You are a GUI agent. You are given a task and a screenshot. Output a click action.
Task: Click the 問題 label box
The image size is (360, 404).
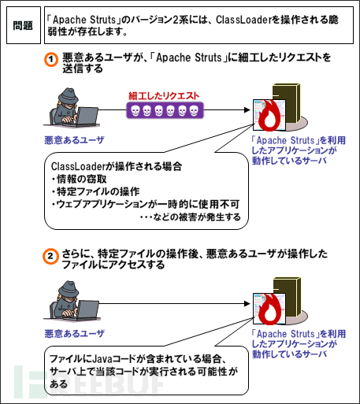click(x=24, y=25)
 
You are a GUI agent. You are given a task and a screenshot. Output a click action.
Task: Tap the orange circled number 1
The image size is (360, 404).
click(x=50, y=60)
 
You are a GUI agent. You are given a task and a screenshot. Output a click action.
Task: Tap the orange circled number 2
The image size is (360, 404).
click(x=50, y=256)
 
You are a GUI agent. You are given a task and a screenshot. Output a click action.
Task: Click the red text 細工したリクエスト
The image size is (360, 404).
click(x=164, y=96)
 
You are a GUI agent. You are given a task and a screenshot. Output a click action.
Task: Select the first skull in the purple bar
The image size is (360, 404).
click(x=135, y=111)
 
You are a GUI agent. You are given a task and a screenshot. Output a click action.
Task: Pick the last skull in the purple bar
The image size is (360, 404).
click(x=194, y=111)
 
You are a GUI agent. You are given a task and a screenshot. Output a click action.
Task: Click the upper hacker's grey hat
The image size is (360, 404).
click(x=68, y=95)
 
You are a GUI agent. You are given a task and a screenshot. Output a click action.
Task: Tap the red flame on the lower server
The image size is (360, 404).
click(x=269, y=309)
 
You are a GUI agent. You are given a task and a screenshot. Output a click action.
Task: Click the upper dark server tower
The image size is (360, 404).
click(x=287, y=102)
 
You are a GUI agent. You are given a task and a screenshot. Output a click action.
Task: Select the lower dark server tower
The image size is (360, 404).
click(x=287, y=296)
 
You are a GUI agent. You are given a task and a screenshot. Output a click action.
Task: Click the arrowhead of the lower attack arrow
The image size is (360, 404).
click(x=247, y=304)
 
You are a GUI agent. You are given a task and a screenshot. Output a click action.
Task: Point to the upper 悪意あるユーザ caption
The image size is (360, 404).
click(x=74, y=140)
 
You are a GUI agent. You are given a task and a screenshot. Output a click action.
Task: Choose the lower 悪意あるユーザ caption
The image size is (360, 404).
click(x=74, y=334)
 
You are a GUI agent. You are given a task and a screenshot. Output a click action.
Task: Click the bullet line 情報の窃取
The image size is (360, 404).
click(x=80, y=179)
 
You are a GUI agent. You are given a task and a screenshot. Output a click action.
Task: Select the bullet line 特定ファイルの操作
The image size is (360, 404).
click(x=95, y=191)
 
